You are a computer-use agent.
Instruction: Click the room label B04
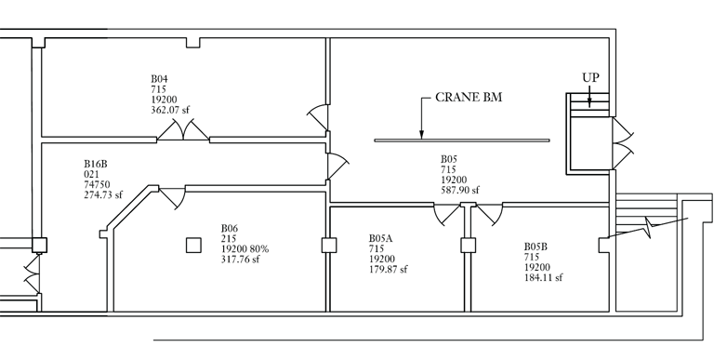pyautogui.click(x=159, y=79)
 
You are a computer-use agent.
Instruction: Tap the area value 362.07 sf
pyautogui.click(x=170, y=110)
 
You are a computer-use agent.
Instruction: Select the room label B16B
pyautogui.click(x=96, y=164)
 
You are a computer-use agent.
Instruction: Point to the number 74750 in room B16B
pyautogui.click(x=97, y=184)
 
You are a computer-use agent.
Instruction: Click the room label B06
pyautogui.click(x=230, y=228)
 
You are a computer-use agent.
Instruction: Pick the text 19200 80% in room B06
pyautogui.click(x=245, y=249)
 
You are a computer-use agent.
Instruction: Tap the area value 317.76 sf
pyautogui.click(x=240, y=260)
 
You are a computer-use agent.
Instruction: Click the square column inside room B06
pyautogui.click(x=193, y=246)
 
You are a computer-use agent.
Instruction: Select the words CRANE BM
pyautogui.click(x=469, y=97)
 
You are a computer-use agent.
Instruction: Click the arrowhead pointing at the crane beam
pyautogui.click(x=421, y=135)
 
